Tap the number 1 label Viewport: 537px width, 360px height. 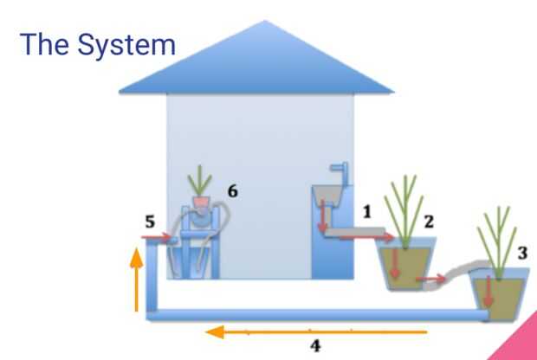pos(367,210)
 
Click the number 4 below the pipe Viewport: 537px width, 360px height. pos(316,345)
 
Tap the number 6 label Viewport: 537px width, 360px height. pos(232,189)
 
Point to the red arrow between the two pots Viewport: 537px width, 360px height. pos(430,279)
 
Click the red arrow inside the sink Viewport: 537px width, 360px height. pos(322,216)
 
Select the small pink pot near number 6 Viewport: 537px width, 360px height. pos(201,202)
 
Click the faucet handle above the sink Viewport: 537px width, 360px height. pos(339,176)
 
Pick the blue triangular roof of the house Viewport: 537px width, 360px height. pos(256,65)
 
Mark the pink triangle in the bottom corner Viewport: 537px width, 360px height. pos(520,343)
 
